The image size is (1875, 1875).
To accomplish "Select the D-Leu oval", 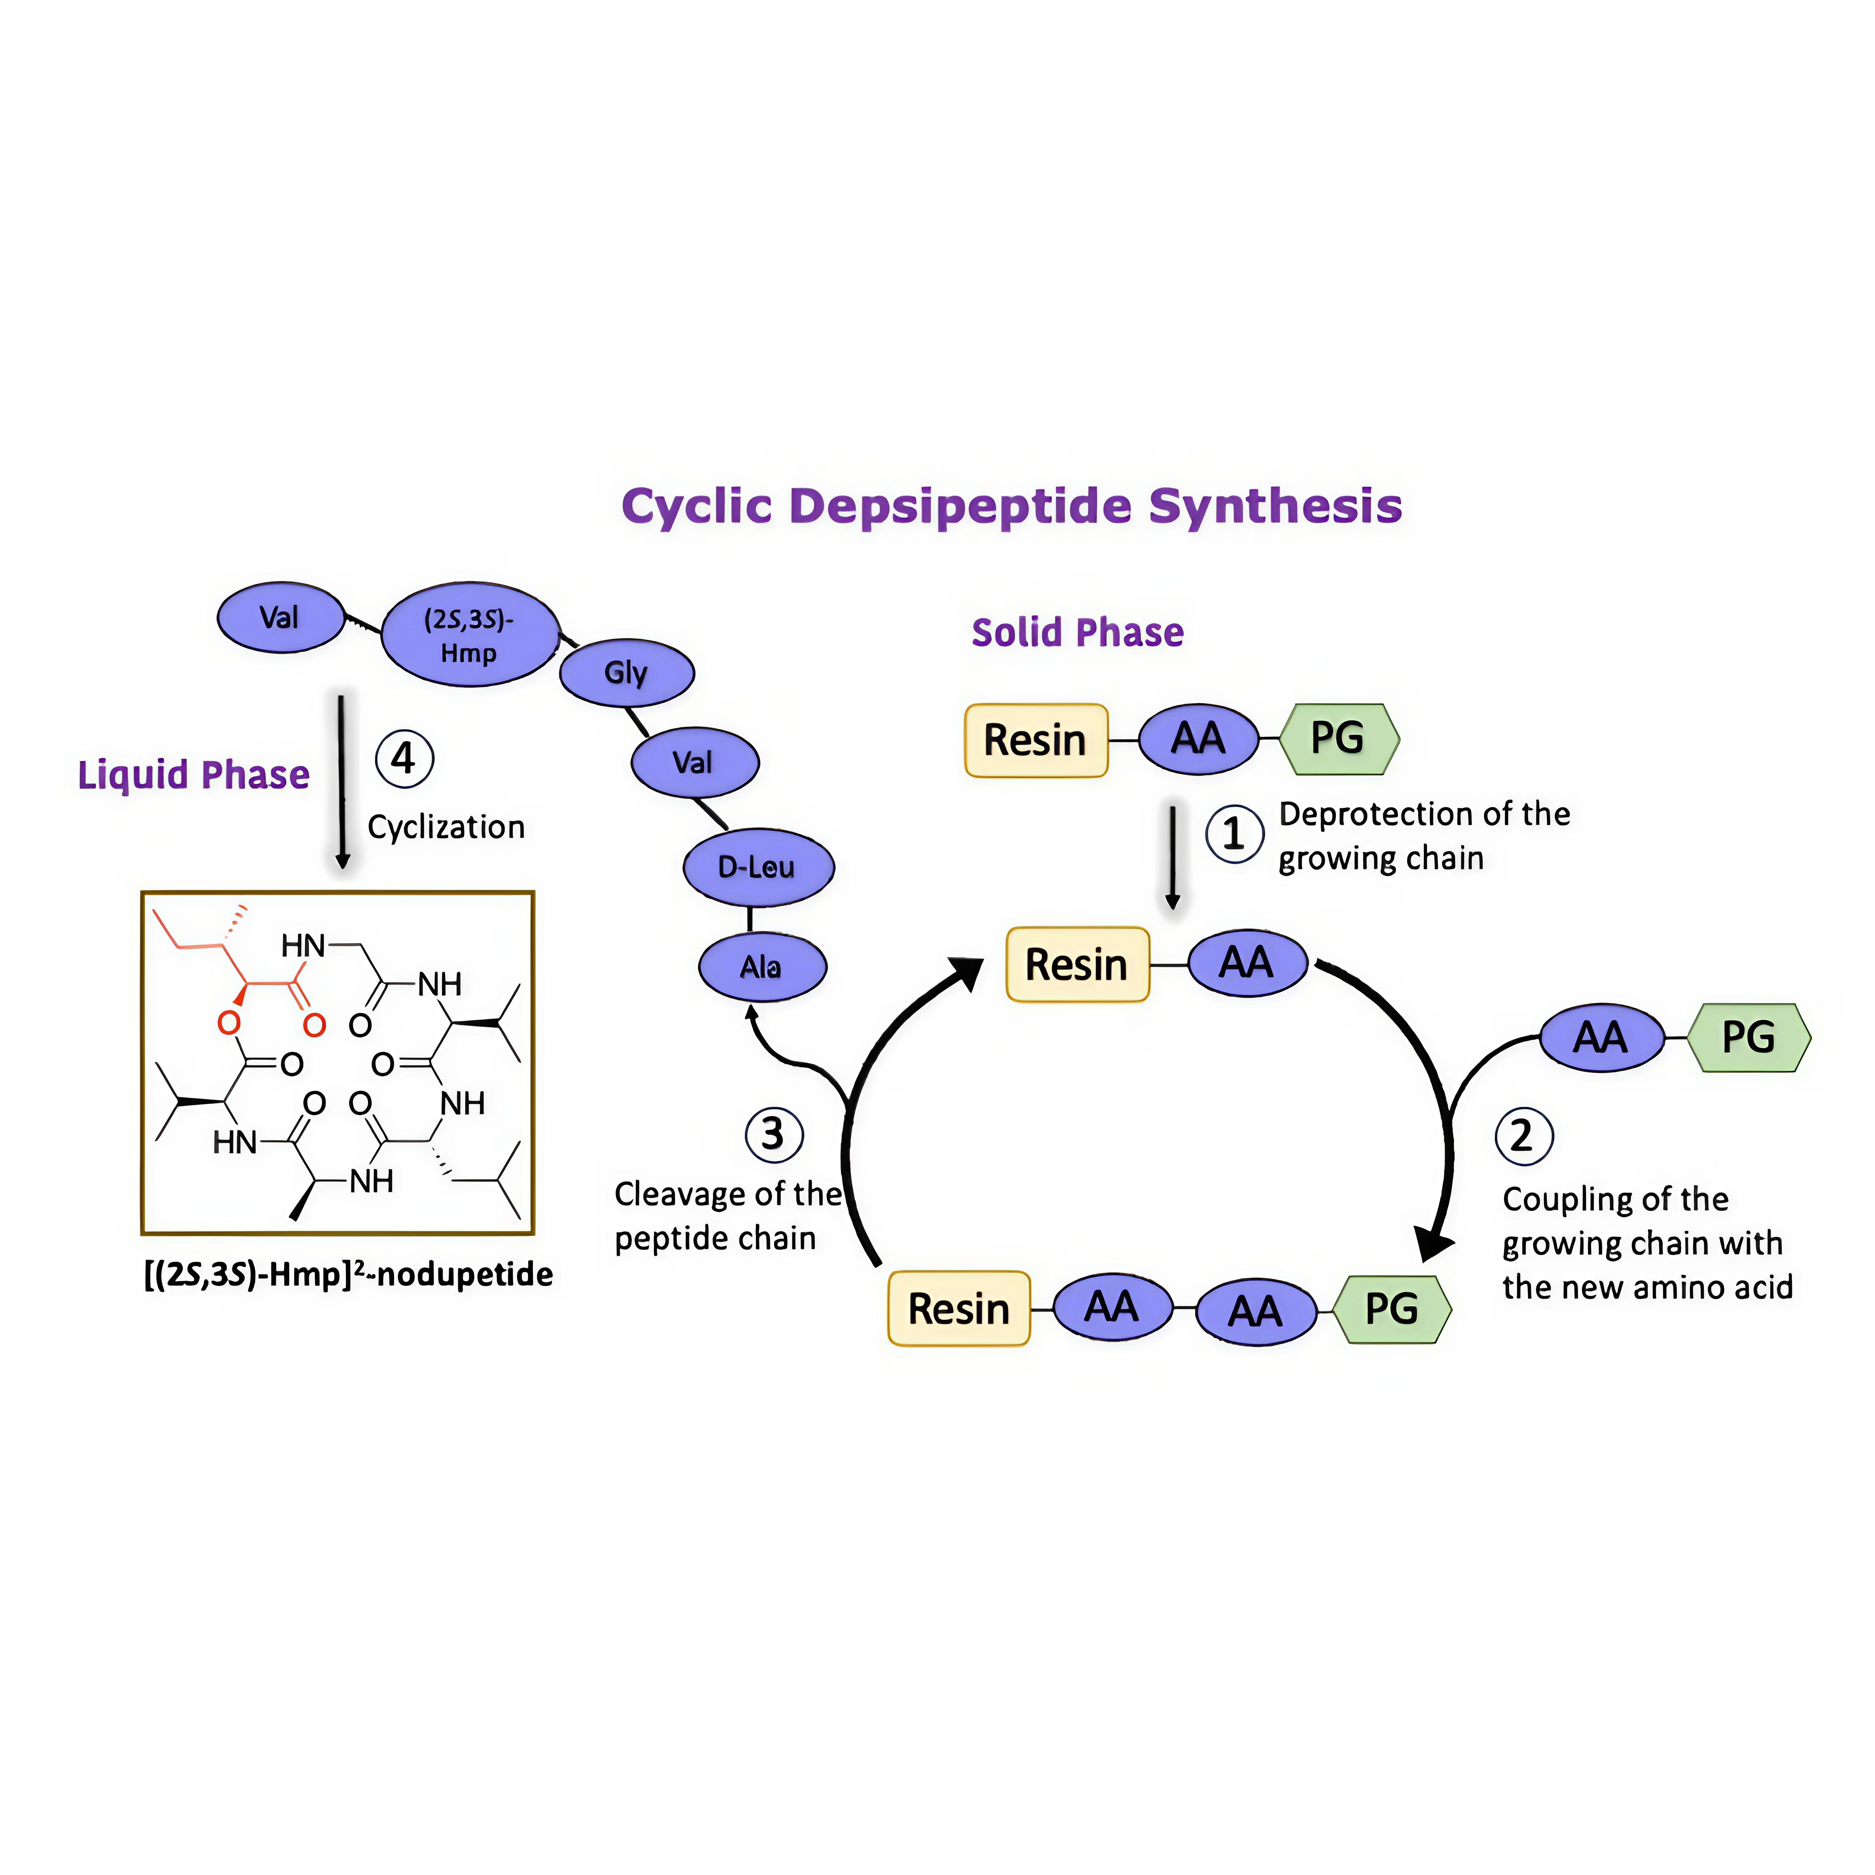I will [x=758, y=867].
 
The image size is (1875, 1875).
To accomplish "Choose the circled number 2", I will [x=1524, y=1135].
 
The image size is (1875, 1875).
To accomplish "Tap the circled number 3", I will [x=773, y=1133].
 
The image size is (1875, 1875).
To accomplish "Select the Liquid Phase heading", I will [x=193, y=774].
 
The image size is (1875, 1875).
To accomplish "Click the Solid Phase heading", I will [x=1077, y=633].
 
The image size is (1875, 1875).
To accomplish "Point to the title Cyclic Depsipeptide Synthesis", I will [x=1011, y=506].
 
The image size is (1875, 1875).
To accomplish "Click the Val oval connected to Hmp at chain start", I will [x=280, y=617].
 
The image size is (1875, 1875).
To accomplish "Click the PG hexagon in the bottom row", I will [x=1392, y=1309].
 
